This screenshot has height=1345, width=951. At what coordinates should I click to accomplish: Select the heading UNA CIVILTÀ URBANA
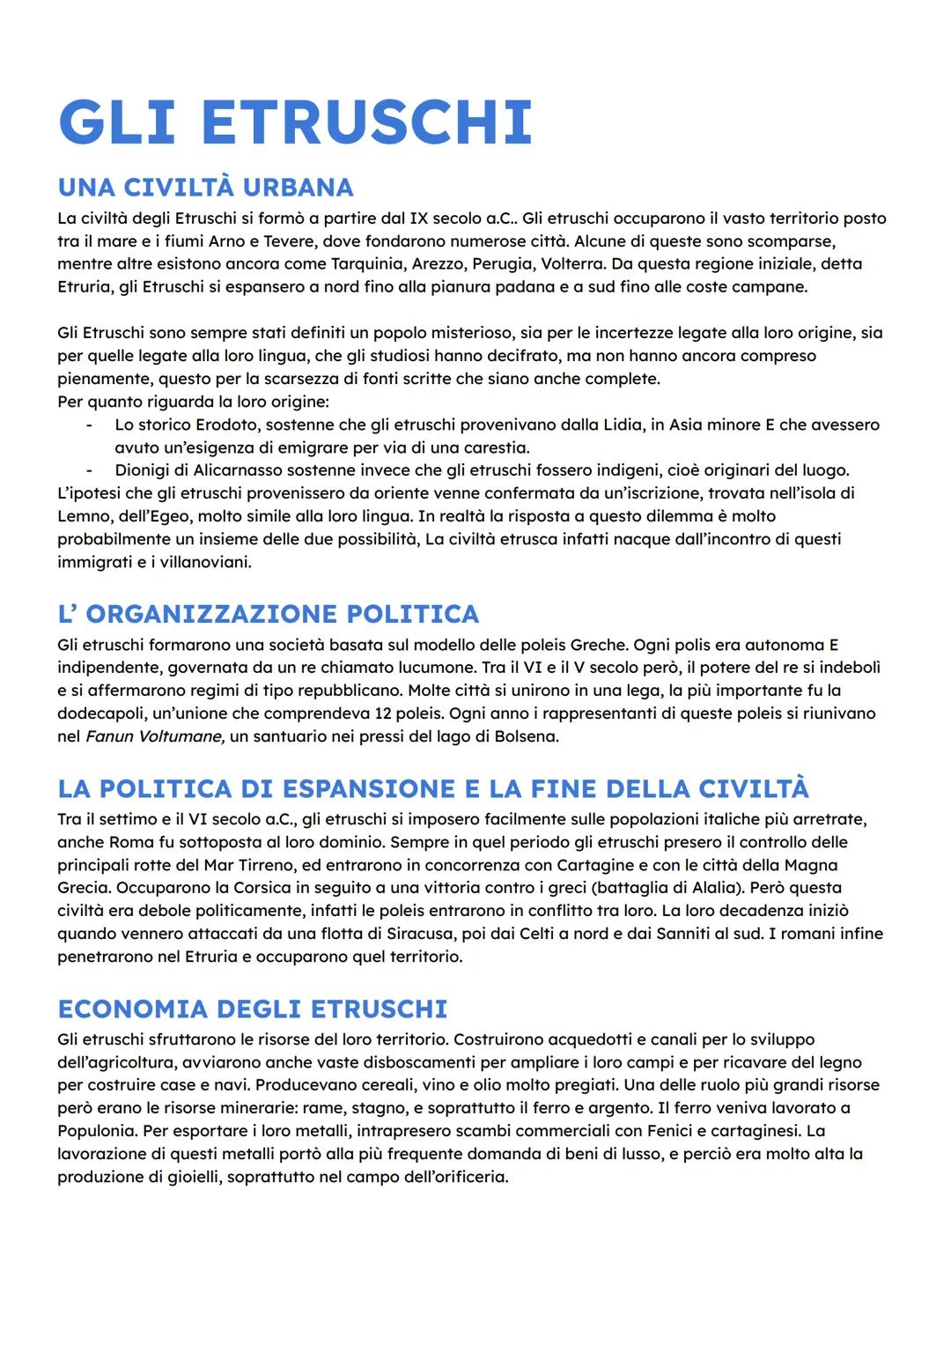coord(205,188)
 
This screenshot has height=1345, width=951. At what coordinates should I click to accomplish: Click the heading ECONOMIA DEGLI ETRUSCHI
coord(252,1009)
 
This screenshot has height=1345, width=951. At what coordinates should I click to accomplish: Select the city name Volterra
coord(572,264)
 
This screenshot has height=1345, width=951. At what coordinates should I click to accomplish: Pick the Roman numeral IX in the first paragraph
coord(417,218)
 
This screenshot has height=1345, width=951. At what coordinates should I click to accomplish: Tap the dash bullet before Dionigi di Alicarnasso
coord(89,470)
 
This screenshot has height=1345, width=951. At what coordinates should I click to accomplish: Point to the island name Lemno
coord(84,516)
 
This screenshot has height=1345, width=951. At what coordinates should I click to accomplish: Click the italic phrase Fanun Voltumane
coord(155,736)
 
